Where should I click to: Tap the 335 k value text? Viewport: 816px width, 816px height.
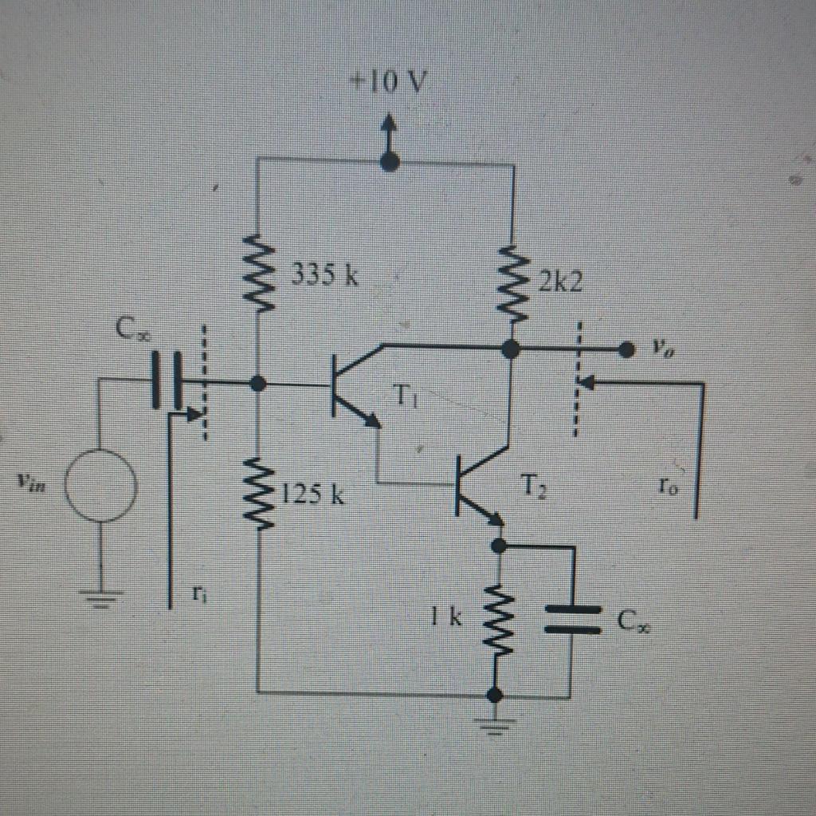tap(324, 275)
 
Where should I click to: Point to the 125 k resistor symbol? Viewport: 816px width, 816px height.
tap(259, 492)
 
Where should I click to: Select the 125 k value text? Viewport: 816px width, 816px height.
tap(313, 495)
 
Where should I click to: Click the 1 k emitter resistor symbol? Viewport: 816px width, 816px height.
tap(496, 620)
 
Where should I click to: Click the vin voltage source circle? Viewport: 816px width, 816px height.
tap(100, 485)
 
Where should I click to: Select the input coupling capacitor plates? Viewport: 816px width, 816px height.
tap(167, 381)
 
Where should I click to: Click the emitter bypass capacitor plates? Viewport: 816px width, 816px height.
tap(572, 619)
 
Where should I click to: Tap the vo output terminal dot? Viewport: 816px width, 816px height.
tap(626, 349)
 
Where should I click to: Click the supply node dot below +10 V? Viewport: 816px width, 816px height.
tap(389, 163)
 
